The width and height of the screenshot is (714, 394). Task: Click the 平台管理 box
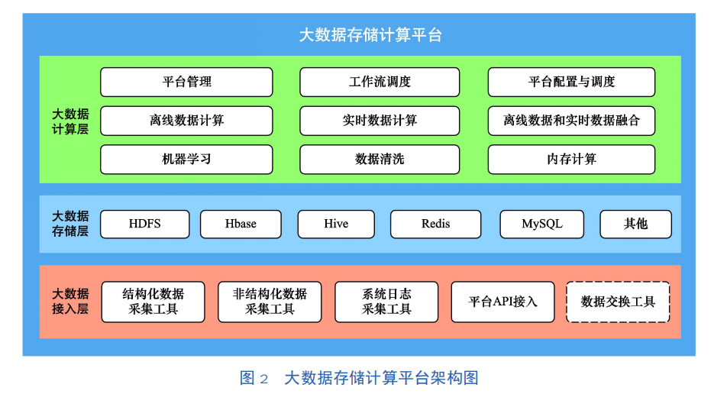pyautogui.click(x=186, y=82)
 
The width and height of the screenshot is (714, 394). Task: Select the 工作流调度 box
pyautogui.click(x=380, y=82)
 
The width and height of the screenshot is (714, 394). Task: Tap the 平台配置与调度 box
pyautogui.click(x=571, y=82)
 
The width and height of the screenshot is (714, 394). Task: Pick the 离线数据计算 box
pyautogui.click(x=186, y=121)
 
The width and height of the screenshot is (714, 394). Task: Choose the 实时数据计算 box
pyautogui.click(x=380, y=121)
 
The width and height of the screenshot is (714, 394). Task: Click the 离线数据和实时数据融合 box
pyautogui.click(x=571, y=121)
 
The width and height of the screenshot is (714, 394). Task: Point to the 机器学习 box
pyautogui.click(x=186, y=160)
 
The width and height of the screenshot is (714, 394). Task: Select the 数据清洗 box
pyautogui.click(x=380, y=160)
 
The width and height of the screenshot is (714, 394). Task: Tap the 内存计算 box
pyautogui.click(x=571, y=160)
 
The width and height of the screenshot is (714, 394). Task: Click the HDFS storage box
pyautogui.click(x=145, y=224)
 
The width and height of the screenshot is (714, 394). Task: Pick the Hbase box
pyautogui.click(x=241, y=224)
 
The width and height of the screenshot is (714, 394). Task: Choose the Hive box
pyautogui.click(x=336, y=224)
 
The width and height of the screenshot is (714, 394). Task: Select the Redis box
pyautogui.click(x=436, y=224)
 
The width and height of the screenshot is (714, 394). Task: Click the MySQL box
pyautogui.click(x=542, y=224)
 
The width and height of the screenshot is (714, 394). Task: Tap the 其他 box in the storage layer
pyautogui.click(x=635, y=224)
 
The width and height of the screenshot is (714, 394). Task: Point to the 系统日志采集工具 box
pyautogui.click(x=386, y=302)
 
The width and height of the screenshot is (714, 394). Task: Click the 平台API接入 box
pyautogui.click(x=502, y=302)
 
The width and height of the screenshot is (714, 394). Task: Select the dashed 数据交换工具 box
pyautogui.click(x=618, y=302)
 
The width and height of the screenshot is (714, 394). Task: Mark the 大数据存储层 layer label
pyautogui.click(x=70, y=224)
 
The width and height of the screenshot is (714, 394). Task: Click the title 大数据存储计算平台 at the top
pyautogui.click(x=370, y=35)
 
